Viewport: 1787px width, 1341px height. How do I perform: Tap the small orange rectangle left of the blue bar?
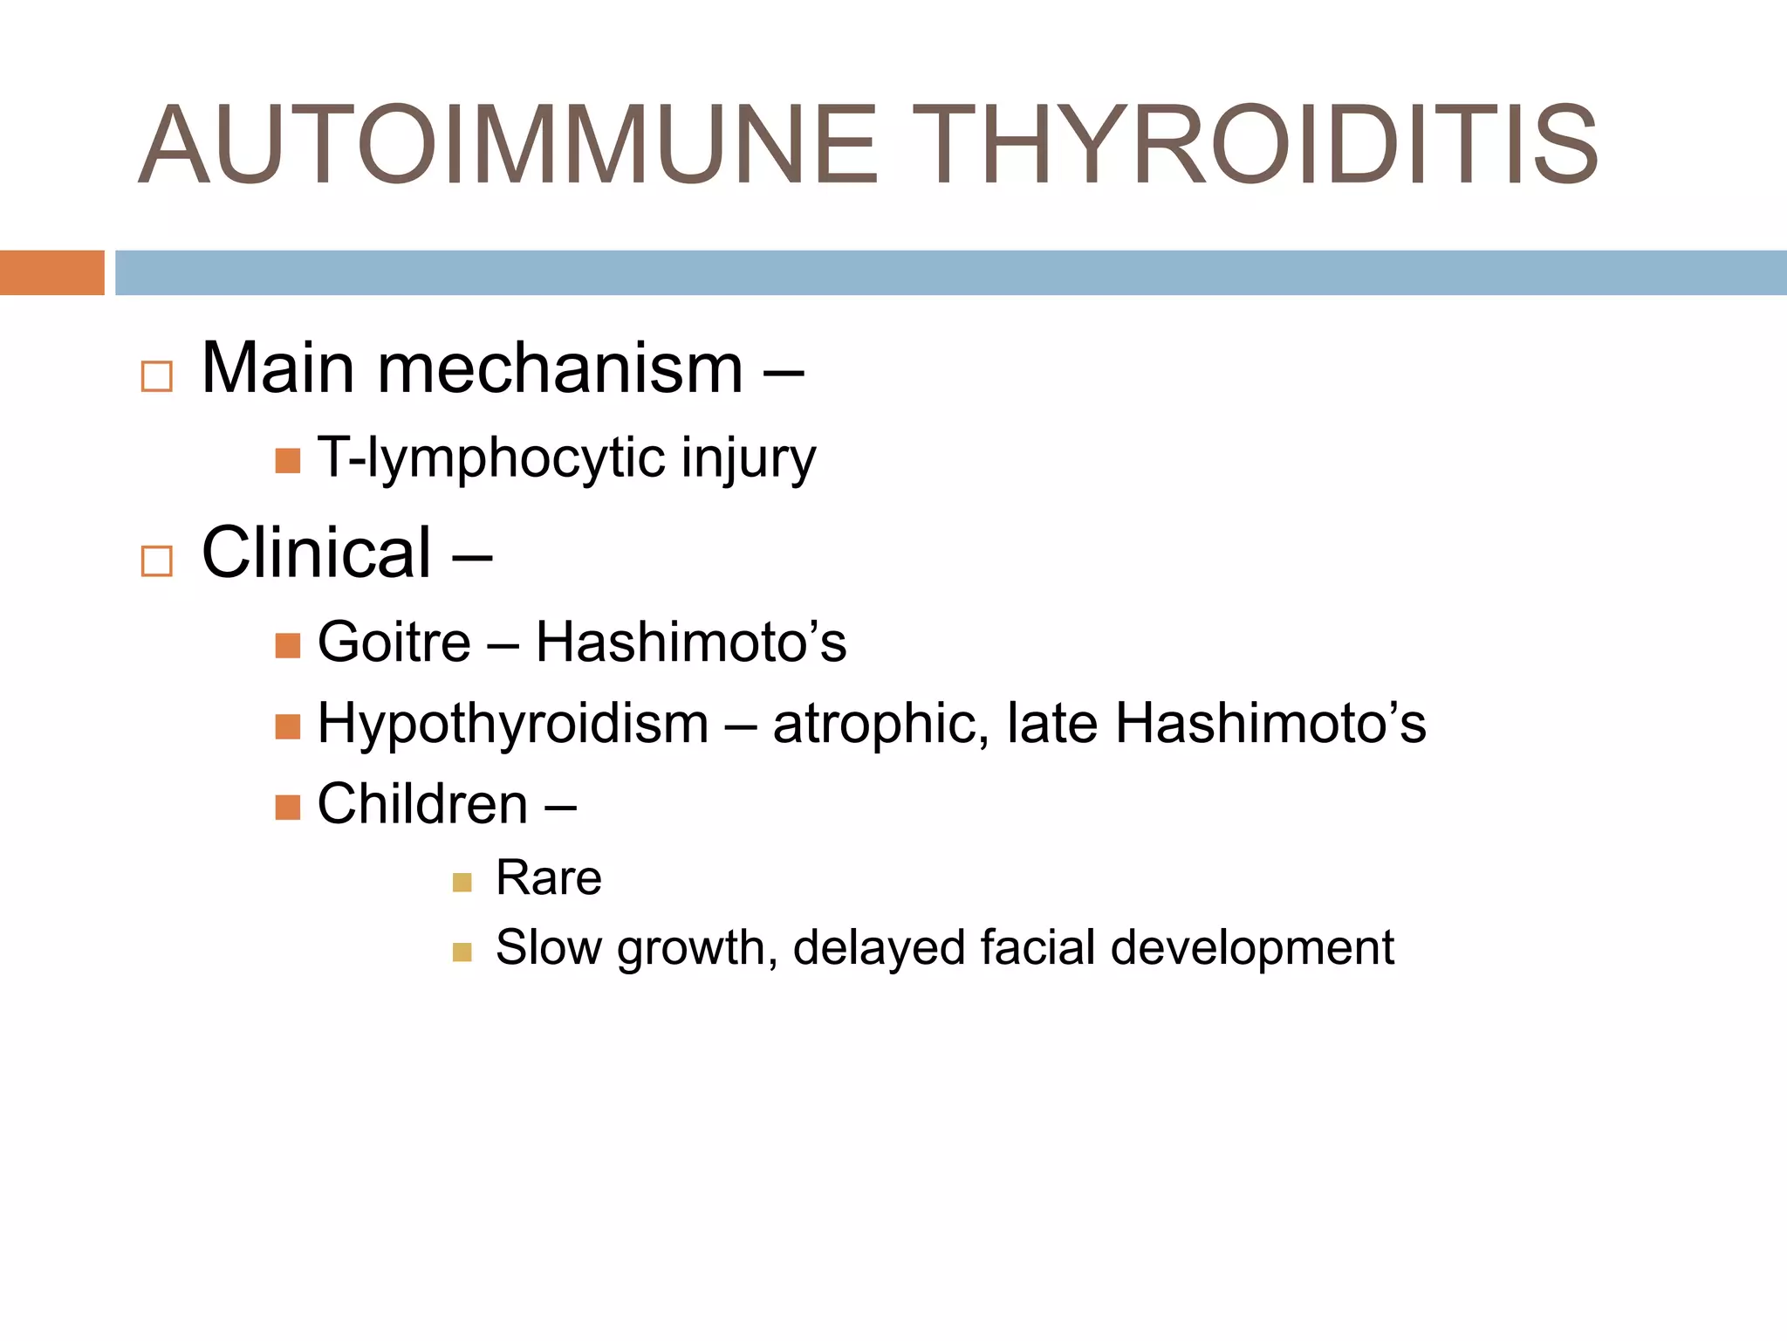[x=51, y=272]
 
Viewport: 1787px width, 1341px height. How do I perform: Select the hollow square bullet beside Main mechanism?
[x=157, y=376]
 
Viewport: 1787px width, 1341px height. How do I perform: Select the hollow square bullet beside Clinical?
[x=157, y=560]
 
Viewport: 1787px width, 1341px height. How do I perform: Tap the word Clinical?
[x=317, y=553]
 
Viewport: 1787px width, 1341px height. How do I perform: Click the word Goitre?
[x=394, y=643]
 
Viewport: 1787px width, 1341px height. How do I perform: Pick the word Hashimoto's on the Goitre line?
[x=690, y=643]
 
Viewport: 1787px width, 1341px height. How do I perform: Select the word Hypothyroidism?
[x=513, y=725]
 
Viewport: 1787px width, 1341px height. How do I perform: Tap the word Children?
[x=422, y=804]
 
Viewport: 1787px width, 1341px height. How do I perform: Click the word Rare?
[x=548, y=877]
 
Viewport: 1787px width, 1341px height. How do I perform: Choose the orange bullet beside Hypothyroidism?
[x=288, y=726]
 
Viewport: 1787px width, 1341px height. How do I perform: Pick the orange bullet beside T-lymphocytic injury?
[x=288, y=460]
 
